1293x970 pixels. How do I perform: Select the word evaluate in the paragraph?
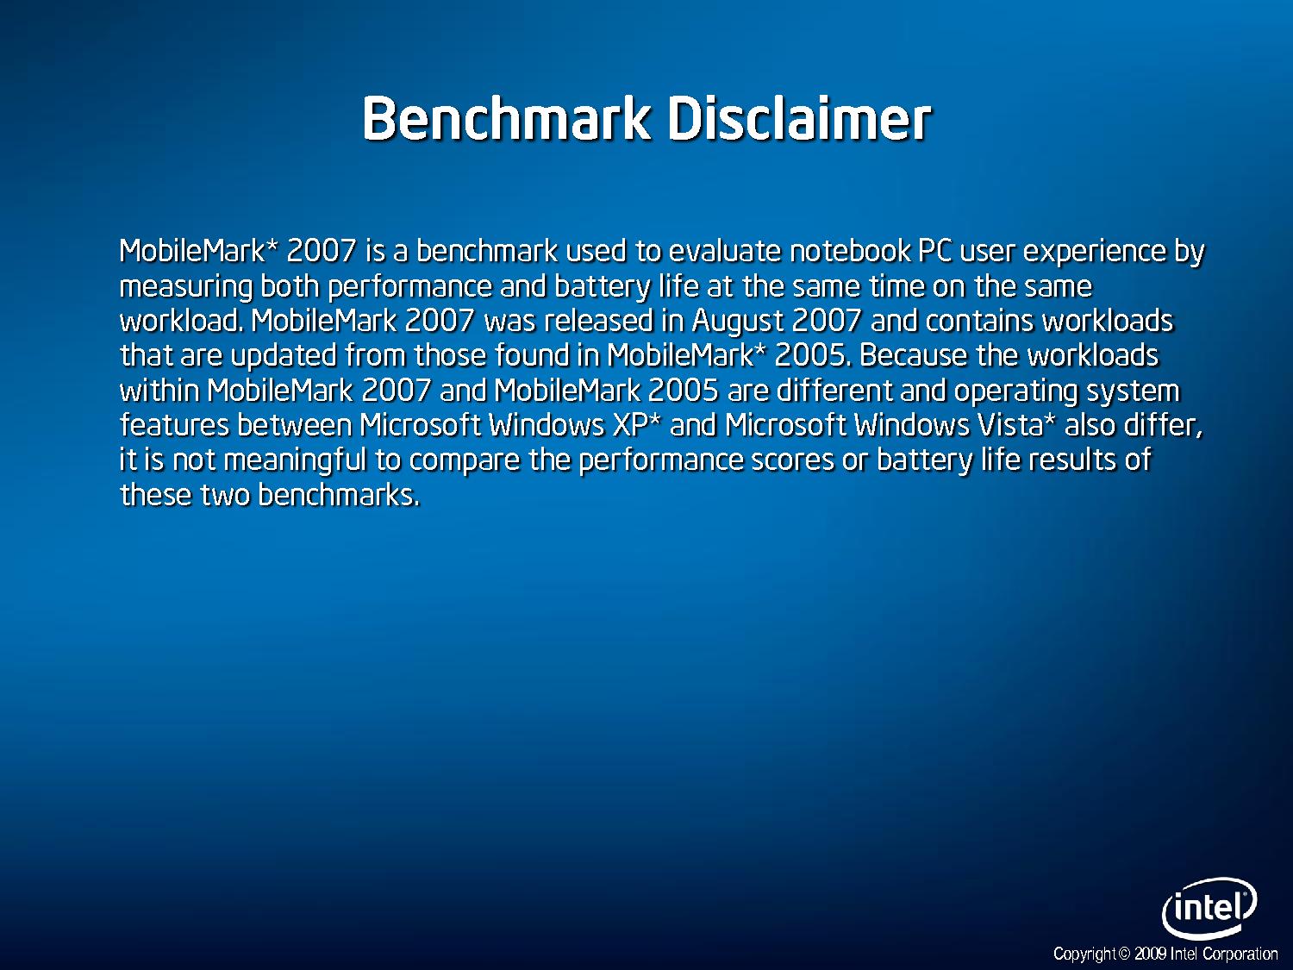point(725,252)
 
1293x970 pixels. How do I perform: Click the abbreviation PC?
point(935,252)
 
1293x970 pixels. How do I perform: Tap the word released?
point(598,321)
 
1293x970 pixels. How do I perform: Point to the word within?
point(159,391)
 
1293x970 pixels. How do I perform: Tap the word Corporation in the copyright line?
point(1240,954)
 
